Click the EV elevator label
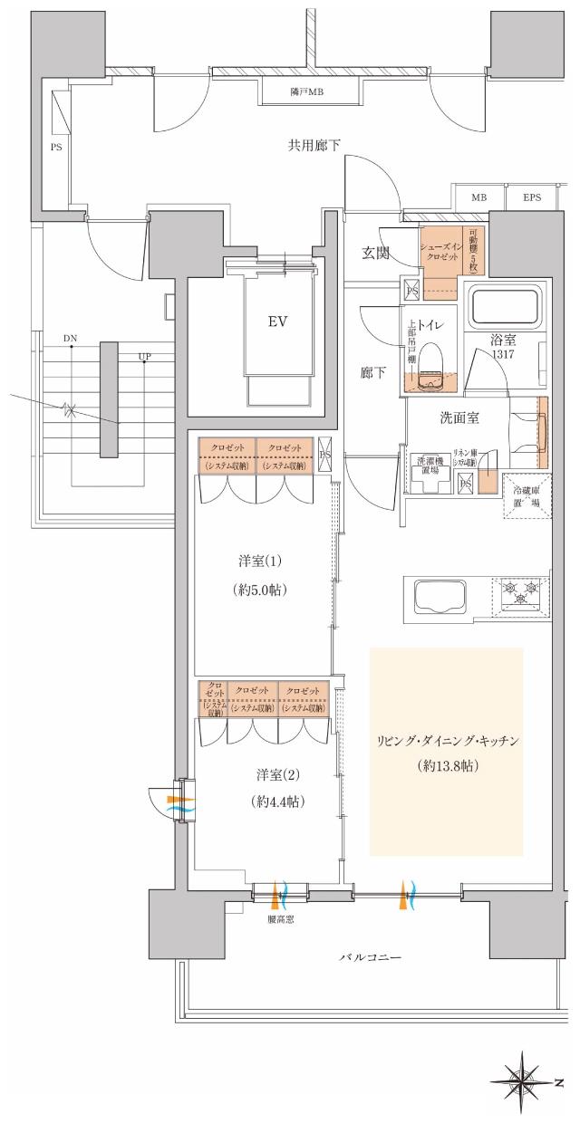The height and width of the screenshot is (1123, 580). point(276,322)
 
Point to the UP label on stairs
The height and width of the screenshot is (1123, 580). point(145,357)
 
